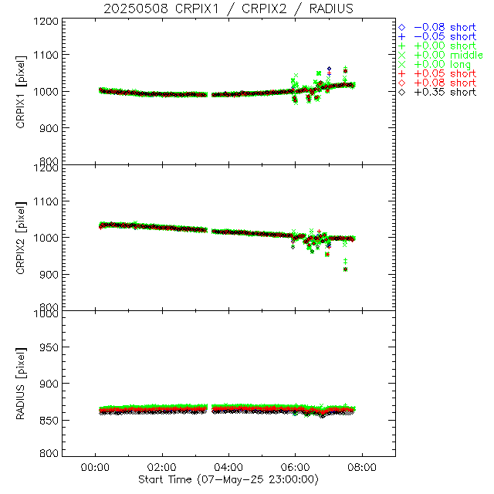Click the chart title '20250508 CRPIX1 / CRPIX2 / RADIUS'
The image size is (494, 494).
[228, 8]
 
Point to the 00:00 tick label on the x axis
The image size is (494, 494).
[95, 468]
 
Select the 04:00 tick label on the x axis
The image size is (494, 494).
[228, 468]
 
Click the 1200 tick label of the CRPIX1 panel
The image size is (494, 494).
[48, 21]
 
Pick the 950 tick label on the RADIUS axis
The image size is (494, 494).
[51, 348]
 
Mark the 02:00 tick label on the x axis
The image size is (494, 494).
[161, 468]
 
